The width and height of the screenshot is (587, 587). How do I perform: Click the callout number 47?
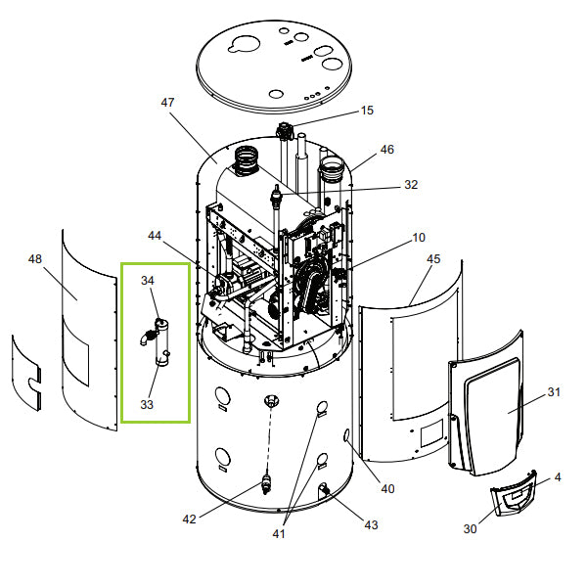[x=167, y=102]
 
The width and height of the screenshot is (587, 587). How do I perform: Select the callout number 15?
[x=367, y=111]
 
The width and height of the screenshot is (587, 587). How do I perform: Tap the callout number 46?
[x=387, y=150]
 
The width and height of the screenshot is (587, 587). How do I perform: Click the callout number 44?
[x=155, y=236]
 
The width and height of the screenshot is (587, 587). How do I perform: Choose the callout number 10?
[x=419, y=238]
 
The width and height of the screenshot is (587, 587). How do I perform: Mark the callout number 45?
[x=434, y=258]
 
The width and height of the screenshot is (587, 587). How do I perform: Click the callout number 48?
[x=35, y=259]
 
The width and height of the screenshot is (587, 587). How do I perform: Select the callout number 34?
[x=148, y=281]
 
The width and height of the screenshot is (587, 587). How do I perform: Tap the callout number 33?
[x=147, y=403]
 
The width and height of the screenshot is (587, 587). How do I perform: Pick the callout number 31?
[x=554, y=392]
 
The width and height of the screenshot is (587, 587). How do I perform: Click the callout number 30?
[x=470, y=529]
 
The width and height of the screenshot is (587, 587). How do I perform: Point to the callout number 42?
[x=190, y=519]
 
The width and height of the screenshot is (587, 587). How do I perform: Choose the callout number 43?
[x=370, y=525]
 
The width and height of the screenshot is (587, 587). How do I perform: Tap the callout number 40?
[x=387, y=488]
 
